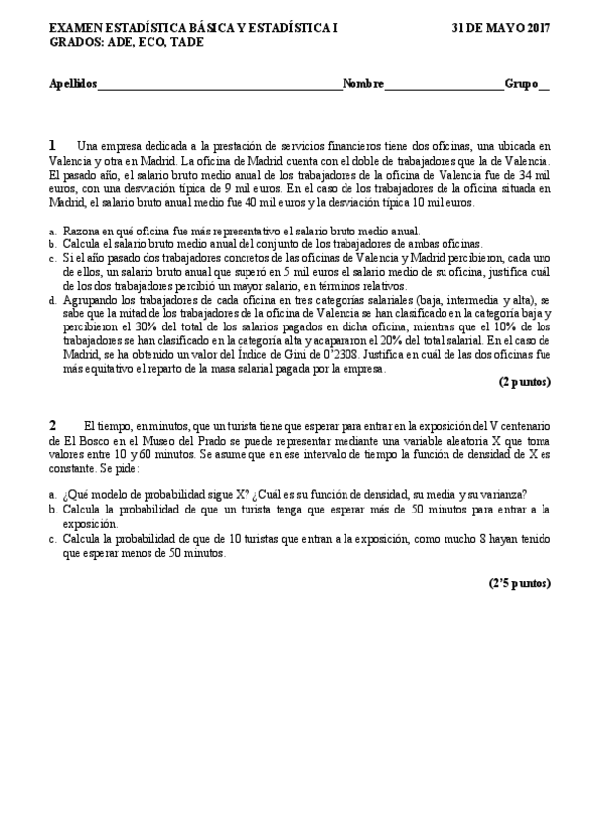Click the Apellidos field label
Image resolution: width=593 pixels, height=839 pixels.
click(73, 84)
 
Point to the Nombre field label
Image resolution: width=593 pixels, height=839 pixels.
click(363, 84)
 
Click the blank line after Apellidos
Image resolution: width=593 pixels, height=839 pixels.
click(219, 86)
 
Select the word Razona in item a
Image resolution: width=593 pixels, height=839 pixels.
click(81, 230)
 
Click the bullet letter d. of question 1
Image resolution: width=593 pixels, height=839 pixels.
click(51, 297)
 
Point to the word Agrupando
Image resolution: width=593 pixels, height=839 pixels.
click(92, 297)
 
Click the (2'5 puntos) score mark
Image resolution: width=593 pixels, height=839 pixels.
click(519, 583)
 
